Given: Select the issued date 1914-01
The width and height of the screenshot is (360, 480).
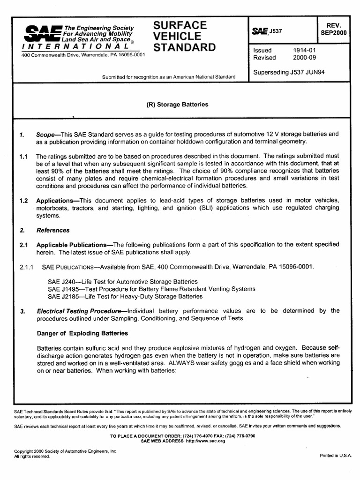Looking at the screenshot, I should point(304,50).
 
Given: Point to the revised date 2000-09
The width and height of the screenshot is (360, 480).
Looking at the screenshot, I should point(304,58).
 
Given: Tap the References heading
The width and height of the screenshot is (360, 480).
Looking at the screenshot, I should point(53,230).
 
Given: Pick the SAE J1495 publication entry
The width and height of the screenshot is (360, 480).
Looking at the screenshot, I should point(151,289).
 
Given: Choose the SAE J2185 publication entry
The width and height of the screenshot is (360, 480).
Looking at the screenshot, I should point(125,296).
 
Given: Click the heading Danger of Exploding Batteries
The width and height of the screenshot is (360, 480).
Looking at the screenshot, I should point(82,333).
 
